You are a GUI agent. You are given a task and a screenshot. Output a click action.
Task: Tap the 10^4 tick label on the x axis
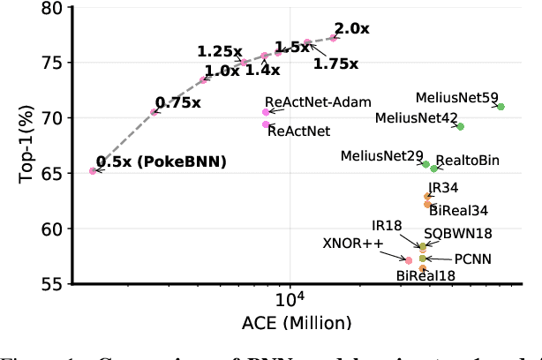point(290,301)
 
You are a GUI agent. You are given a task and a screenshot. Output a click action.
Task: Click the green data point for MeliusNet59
point(501,107)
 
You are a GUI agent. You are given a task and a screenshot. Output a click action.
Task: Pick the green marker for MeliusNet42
point(460,127)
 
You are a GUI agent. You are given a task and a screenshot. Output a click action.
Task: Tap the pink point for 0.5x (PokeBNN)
point(93,171)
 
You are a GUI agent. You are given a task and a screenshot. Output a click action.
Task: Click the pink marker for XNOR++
point(409,260)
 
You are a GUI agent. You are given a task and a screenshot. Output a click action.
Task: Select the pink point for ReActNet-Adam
point(267,112)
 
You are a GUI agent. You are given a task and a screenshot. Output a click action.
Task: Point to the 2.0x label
point(351,28)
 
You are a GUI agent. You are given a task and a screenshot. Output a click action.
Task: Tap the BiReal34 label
point(458,211)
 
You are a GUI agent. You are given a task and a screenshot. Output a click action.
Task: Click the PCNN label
point(472,259)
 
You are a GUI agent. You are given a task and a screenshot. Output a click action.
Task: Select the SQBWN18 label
point(458,234)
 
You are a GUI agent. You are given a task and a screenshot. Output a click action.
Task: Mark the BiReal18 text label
point(425,276)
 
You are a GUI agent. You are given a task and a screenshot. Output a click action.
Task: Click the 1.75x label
point(335,64)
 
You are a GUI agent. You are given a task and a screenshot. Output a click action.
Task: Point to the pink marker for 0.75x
point(154,112)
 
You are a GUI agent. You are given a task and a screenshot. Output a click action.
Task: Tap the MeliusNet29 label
point(381,156)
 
